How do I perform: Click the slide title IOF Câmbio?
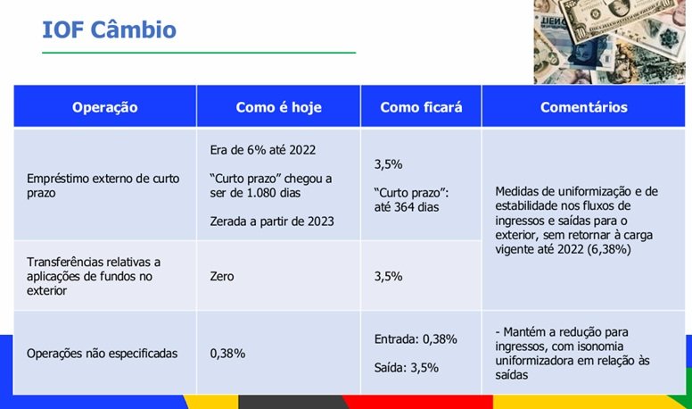click(x=109, y=30)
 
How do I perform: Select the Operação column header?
click(x=105, y=107)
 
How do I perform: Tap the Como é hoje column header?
click(x=278, y=107)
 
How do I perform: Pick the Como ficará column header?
click(x=421, y=107)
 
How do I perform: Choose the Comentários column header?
click(x=583, y=107)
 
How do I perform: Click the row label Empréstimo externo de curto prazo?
click(x=103, y=186)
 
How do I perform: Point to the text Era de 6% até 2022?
click(x=262, y=150)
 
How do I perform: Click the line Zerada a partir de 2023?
click(x=272, y=221)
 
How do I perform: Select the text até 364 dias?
click(x=407, y=207)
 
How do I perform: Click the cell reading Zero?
click(x=221, y=276)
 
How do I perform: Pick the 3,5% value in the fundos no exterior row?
click(x=389, y=276)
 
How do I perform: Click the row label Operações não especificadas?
click(x=102, y=354)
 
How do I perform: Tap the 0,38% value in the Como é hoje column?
click(x=227, y=354)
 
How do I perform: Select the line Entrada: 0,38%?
click(x=416, y=339)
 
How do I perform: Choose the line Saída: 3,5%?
click(x=406, y=367)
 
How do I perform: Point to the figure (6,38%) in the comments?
click(x=608, y=249)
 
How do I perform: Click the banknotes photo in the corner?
click(x=609, y=42)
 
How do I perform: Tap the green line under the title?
click(x=199, y=53)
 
